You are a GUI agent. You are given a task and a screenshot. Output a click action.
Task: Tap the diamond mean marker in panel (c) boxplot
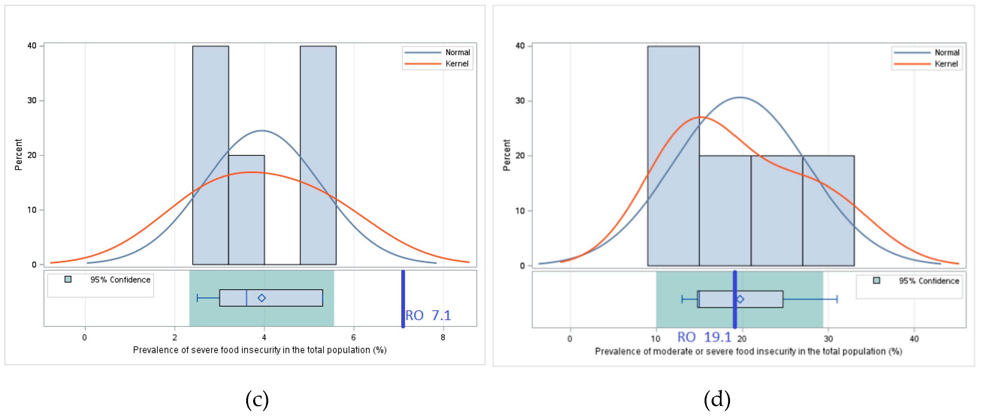(x=262, y=298)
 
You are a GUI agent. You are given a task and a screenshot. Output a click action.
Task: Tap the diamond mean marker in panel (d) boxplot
(x=740, y=300)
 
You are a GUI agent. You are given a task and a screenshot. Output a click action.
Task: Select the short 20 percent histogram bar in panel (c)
(x=246, y=209)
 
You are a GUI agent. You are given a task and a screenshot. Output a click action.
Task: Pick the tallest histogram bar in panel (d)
(x=673, y=156)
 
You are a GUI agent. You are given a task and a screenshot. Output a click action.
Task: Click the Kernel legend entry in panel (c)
(x=457, y=64)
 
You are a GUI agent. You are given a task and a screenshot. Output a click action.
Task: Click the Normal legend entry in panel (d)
(x=947, y=53)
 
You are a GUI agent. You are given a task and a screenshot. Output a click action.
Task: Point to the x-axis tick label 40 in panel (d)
(x=914, y=339)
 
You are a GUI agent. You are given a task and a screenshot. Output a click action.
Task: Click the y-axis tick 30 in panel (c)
(x=32, y=101)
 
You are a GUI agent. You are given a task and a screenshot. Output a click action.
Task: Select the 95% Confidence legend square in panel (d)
(x=876, y=280)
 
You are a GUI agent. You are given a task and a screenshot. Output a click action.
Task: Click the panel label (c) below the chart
(x=257, y=400)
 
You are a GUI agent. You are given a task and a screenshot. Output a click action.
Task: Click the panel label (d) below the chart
(x=717, y=400)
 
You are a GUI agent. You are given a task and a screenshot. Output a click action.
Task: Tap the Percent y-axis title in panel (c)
(x=18, y=154)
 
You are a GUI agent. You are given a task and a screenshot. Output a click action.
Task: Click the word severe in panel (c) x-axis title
(x=204, y=350)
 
